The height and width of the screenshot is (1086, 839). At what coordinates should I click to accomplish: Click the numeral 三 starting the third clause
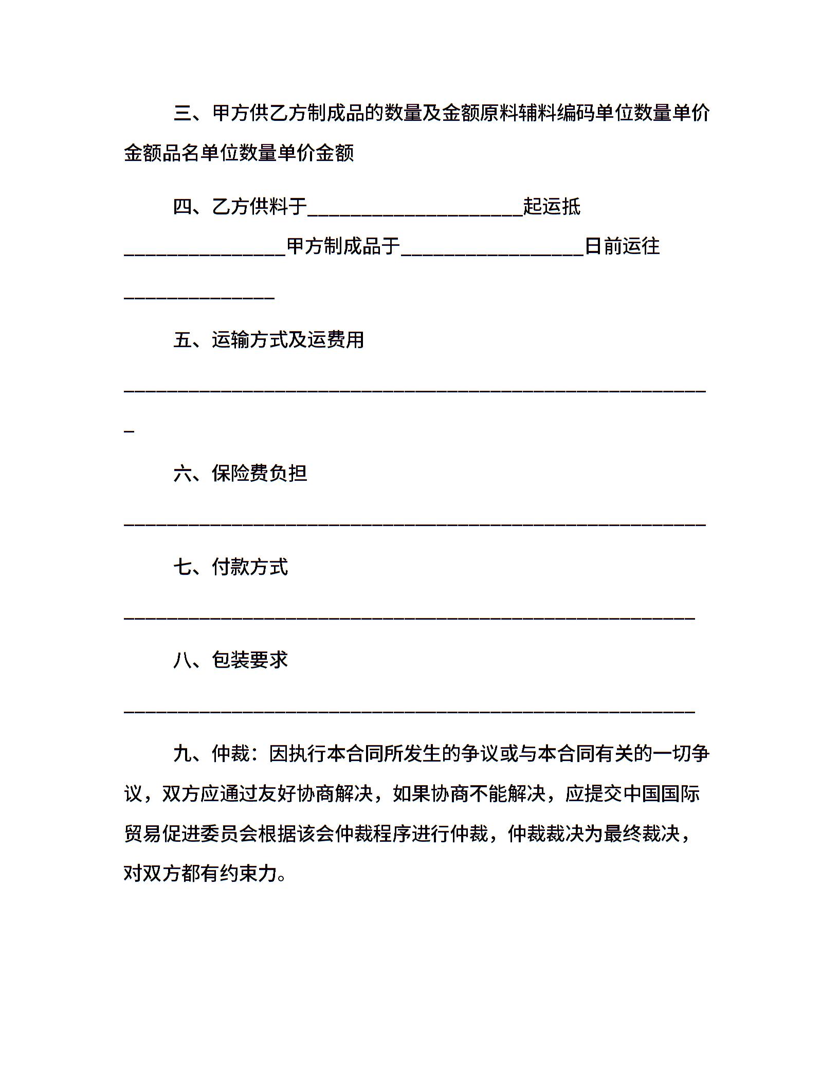click(x=183, y=113)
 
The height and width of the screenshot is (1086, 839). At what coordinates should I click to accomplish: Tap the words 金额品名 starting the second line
click(x=162, y=153)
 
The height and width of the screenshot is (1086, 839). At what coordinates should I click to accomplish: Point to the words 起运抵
click(x=552, y=207)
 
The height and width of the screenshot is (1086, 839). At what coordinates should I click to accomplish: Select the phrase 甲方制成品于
click(x=343, y=246)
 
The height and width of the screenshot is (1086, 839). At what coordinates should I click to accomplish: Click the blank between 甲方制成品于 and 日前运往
click(x=493, y=254)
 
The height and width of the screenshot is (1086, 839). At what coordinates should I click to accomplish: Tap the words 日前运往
click(x=622, y=246)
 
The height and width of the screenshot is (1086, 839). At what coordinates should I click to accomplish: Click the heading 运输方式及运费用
click(x=288, y=340)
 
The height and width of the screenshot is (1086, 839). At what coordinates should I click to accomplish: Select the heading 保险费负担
click(x=260, y=473)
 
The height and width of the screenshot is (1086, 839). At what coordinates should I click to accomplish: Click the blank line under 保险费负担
click(x=415, y=524)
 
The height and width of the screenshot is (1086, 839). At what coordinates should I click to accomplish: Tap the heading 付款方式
click(x=250, y=567)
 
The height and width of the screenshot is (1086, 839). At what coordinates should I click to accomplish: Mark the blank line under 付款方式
click(x=410, y=618)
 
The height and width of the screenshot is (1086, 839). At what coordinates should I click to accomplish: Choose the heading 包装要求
click(x=250, y=660)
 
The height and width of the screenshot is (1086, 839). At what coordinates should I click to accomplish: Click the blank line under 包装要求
click(x=410, y=711)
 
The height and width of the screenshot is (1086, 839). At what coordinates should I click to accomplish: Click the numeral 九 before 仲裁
click(x=183, y=754)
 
